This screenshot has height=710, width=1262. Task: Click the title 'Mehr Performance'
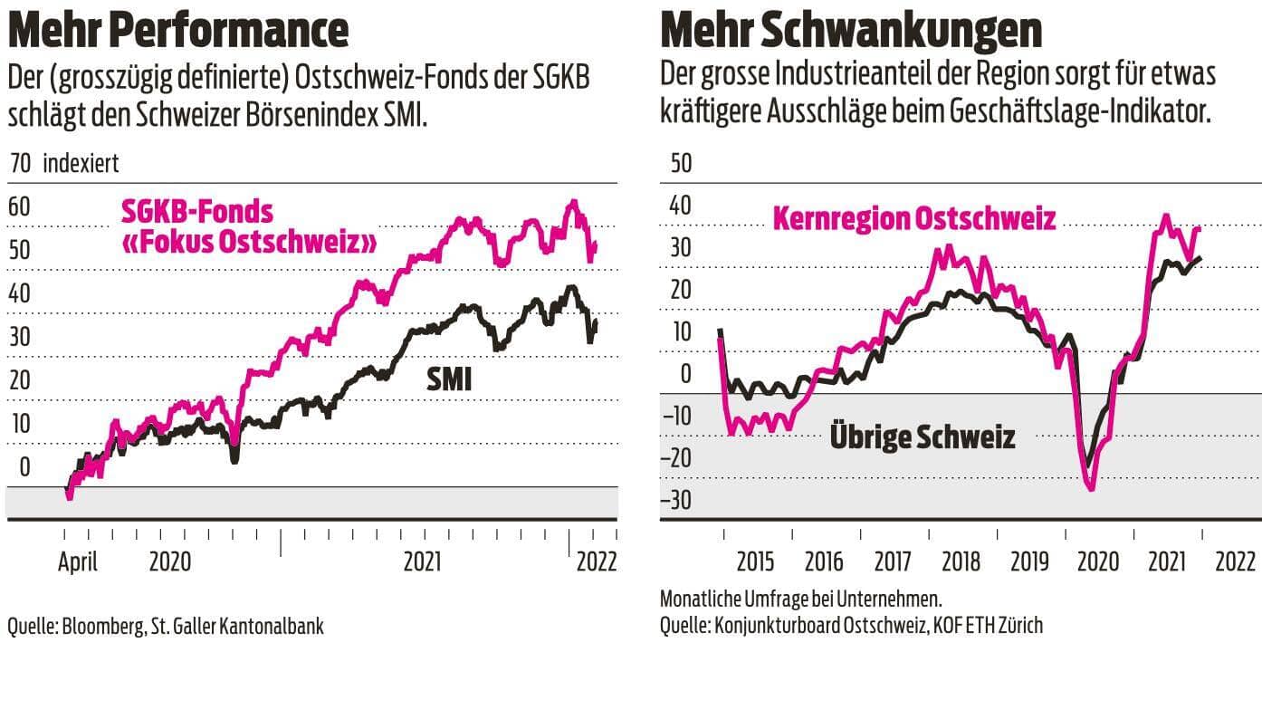coord(177,29)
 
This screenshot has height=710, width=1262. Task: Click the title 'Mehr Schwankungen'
coord(851,29)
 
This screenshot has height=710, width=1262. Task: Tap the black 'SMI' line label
coord(449,379)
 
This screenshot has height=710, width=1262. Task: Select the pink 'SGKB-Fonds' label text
coord(196,212)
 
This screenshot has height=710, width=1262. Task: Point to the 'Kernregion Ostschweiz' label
coord(913,219)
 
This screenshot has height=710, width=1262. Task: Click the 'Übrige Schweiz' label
coord(923,438)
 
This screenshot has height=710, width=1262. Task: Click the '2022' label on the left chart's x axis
coord(597,561)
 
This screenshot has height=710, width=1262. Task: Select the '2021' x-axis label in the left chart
coord(423,561)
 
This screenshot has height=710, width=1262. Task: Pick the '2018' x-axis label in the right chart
coord(961,561)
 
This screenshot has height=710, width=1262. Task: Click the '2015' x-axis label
coord(755,561)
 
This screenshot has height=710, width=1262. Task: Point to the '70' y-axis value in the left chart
coord(20,164)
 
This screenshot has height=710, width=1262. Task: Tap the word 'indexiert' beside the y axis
coord(81,164)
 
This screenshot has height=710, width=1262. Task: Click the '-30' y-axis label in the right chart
coord(675,500)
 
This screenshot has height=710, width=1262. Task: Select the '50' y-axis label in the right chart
coord(679,164)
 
